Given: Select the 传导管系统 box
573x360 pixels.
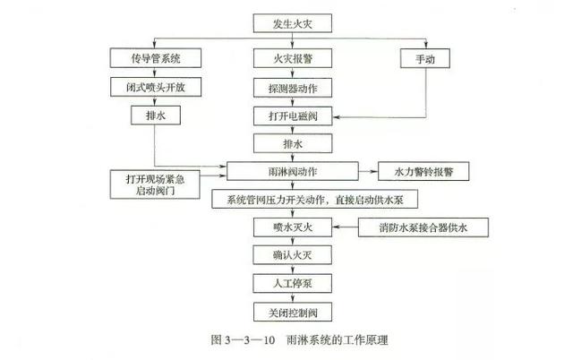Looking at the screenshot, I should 155,58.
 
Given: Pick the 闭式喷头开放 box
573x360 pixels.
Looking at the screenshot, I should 155,87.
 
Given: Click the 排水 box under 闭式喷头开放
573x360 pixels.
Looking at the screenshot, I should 155,116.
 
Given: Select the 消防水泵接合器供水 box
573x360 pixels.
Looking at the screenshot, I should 423,227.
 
